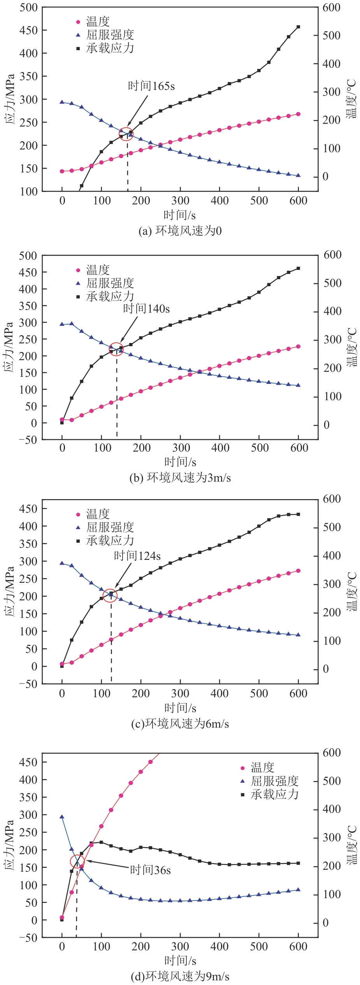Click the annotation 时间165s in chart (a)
(x=151, y=86)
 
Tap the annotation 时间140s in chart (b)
(x=146, y=309)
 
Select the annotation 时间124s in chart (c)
(x=137, y=556)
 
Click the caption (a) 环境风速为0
(x=180, y=231)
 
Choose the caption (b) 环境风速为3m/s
(x=180, y=478)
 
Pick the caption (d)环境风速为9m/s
(x=180, y=976)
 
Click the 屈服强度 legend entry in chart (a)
(x=110, y=35)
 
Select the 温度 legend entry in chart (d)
(x=262, y=768)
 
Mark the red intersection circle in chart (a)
(x=126, y=134)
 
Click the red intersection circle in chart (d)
(x=77, y=862)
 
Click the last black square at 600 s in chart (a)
(x=299, y=27)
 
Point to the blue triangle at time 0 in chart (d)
(x=62, y=817)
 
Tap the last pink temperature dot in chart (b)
(x=299, y=347)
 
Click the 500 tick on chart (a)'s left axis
(x=29, y=7)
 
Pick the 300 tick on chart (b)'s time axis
(x=181, y=448)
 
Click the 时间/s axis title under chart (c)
(x=180, y=707)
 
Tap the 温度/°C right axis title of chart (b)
(x=351, y=347)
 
